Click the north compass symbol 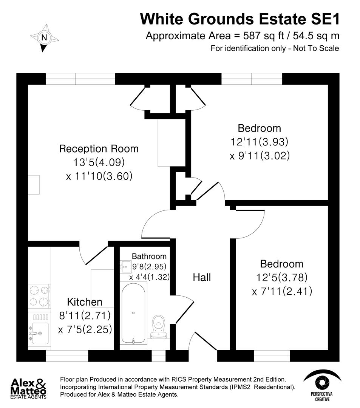coord(45,37)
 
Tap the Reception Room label coord(99,148)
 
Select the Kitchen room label coord(85,302)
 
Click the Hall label coord(202,277)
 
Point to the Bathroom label coord(149,257)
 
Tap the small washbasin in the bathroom coord(125,267)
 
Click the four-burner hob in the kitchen coord(39,296)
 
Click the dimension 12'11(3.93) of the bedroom coord(259,142)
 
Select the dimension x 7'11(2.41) coord(281,292)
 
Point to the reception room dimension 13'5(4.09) coord(99,162)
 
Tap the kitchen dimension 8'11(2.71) coord(85,315)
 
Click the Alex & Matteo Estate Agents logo coord(29,388)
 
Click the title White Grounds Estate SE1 coord(240,19)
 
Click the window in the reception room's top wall coord(80,79)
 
